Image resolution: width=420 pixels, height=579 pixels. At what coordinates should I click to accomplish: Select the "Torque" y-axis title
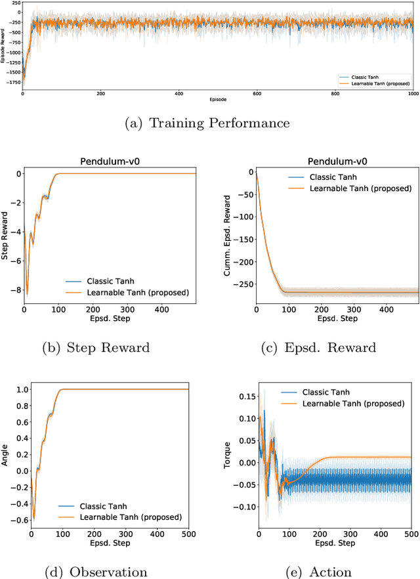[227, 452]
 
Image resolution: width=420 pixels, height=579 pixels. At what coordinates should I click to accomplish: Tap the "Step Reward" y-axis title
[6, 230]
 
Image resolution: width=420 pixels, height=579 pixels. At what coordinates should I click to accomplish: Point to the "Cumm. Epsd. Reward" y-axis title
[227, 230]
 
